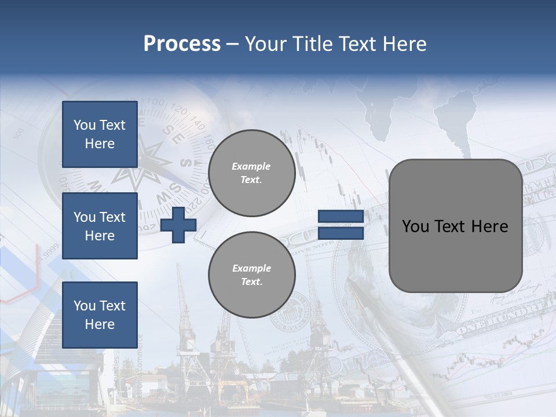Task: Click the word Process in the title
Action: coord(182,43)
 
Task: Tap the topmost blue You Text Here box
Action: coord(100,134)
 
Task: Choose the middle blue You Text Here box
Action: coord(100,226)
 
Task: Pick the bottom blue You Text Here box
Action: coord(100,314)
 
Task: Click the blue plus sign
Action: coord(178,225)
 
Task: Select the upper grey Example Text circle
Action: coord(252,173)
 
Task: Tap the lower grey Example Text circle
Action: coord(252,275)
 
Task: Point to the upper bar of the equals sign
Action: coord(341,217)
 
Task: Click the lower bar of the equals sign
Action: coord(341,233)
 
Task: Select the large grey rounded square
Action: coord(455,226)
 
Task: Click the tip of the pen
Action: coord(350,282)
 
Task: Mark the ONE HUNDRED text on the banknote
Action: coord(492,322)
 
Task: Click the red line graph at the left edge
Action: coord(23,284)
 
